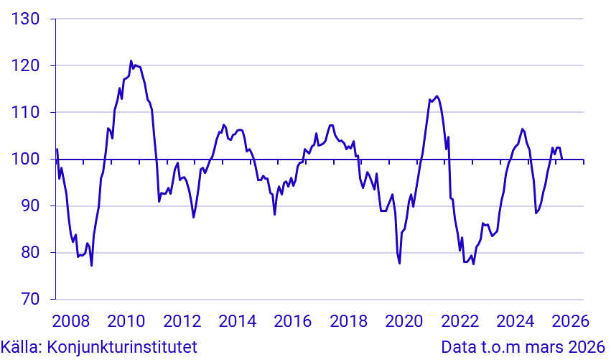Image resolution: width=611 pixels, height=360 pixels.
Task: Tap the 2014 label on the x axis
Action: (238, 320)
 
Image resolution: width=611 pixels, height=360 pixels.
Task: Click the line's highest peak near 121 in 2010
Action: (131, 61)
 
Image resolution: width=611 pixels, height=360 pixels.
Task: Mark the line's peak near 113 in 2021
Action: (437, 96)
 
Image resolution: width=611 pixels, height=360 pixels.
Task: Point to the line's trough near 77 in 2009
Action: (91, 265)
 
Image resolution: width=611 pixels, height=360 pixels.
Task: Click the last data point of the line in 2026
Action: (561, 159)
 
